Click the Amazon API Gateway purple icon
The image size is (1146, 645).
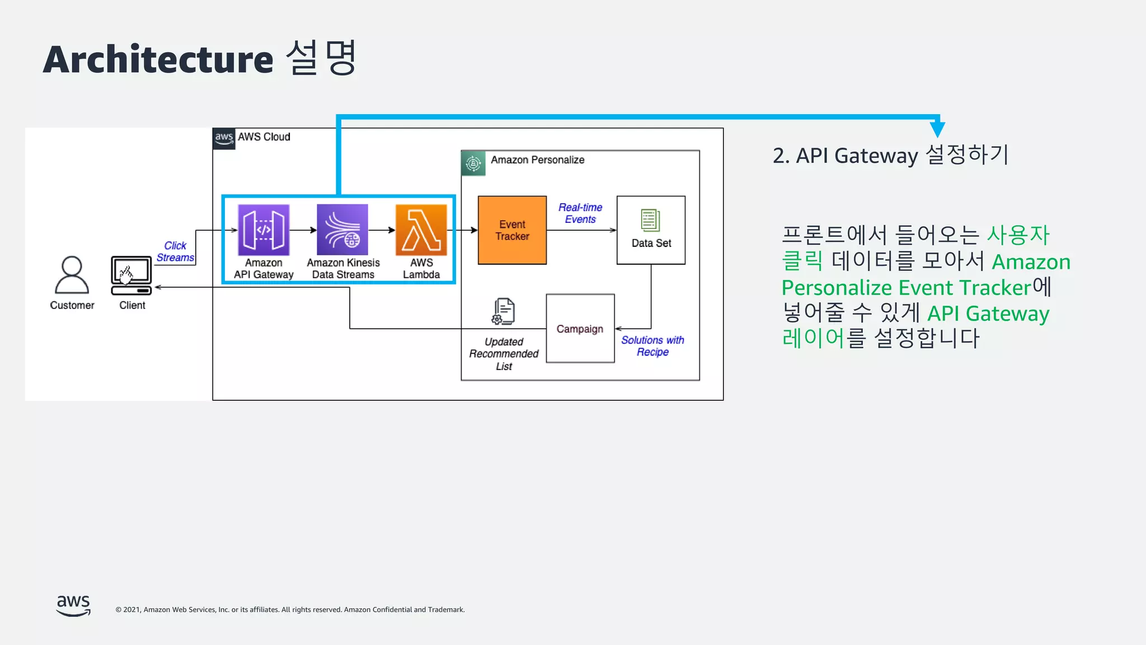264,230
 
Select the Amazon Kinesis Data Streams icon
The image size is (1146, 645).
342,230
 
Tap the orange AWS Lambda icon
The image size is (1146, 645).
421,230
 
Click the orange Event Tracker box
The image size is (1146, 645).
512,230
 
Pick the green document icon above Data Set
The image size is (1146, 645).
650,220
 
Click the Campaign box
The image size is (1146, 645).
580,329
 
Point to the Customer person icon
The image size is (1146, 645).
72,275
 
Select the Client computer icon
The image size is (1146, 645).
131,275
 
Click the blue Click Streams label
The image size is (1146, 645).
175,252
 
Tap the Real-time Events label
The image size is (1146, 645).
580,213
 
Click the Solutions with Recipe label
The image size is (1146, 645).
652,346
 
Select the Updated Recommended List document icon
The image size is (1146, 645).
504,311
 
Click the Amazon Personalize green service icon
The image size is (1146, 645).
473,163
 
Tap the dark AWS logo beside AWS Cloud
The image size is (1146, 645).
224,138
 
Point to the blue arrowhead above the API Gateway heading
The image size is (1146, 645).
937,129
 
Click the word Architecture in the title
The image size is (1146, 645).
158,60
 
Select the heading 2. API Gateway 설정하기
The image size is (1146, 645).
890,155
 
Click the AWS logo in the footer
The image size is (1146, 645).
73,606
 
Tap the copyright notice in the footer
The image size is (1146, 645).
290,610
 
